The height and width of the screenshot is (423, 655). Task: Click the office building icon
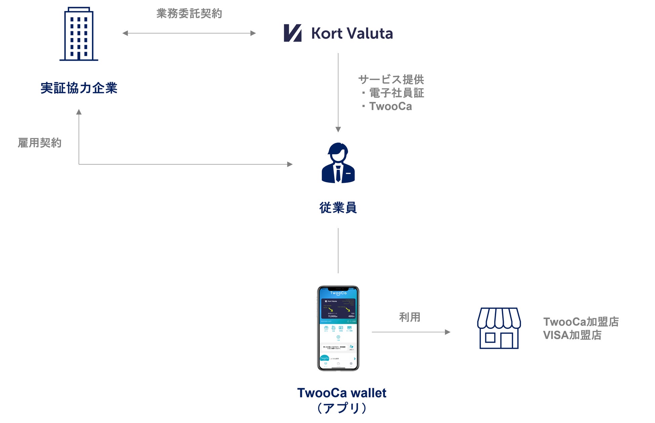(79, 34)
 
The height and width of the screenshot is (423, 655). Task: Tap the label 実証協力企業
(79, 88)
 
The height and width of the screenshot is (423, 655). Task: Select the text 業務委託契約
(189, 13)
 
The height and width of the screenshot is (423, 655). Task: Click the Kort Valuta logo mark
(292, 33)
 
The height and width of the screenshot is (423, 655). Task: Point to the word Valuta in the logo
(369, 33)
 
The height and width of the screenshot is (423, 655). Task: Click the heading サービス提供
(391, 80)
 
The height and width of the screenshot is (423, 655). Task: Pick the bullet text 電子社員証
(396, 93)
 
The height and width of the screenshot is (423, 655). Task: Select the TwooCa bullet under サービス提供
(390, 107)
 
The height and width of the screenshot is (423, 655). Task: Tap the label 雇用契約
(40, 143)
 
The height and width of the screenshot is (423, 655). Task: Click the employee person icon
(338, 163)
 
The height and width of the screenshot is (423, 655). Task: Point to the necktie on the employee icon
(338, 173)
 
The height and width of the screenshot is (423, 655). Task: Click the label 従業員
(338, 208)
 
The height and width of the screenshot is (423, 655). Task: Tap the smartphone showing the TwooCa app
(338, 328)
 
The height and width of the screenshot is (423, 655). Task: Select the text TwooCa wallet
(342, 393)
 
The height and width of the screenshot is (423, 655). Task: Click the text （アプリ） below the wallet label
(342, 408)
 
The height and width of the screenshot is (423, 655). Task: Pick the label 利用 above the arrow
(409, 317)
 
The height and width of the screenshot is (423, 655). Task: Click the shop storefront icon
(499, 328)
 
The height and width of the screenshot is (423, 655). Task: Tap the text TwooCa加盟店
(581, 322)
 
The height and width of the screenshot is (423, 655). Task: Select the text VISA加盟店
(572, 335)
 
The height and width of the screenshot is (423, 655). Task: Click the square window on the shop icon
(490, 338)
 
